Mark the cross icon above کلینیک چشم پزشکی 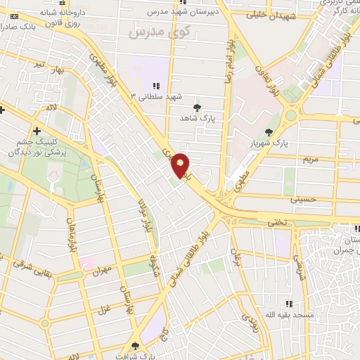(x=36, y=131)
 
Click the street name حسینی (x=304, y=199)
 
